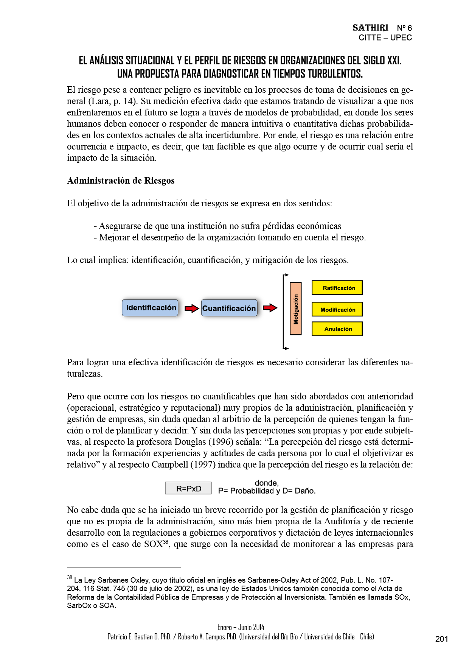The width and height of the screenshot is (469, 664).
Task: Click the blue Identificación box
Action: click(150, 308)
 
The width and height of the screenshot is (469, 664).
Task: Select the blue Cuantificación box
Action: click(229, 308)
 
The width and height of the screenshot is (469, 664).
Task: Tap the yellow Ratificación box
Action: click(337, 288)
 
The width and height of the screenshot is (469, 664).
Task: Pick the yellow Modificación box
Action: click(337, 309)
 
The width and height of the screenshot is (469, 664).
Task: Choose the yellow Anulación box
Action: click(337, 329)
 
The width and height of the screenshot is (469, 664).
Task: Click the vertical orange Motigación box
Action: click(296, 309)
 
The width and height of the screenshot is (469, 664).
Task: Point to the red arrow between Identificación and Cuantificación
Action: click(192, 309)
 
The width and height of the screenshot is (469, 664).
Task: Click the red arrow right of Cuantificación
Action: click(270, 308)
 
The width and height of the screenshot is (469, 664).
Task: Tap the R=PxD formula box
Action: click(188, 488)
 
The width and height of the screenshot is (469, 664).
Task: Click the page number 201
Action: click(441, 639)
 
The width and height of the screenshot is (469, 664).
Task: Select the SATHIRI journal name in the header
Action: click(370, 28)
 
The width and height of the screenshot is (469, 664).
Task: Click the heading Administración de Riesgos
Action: click(121, 181)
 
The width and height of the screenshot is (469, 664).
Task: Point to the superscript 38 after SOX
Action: click(165, 542)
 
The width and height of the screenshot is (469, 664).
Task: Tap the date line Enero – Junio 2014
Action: click(241, 627)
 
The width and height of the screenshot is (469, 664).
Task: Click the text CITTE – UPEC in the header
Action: click(385, 38)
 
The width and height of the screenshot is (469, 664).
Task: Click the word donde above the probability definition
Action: click(266, 483)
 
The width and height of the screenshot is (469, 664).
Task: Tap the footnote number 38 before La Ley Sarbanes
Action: click(70, 578)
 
